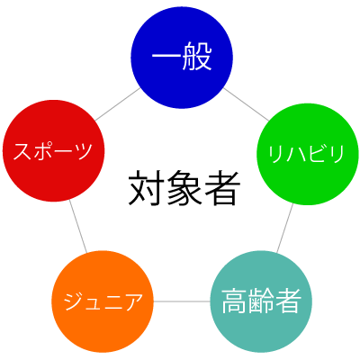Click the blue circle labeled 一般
pyautogui.click(x=182, y=58)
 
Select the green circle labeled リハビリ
pyautogui.click(x=308, y=154)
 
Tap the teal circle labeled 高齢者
pyautogui.click(x=261, y=301)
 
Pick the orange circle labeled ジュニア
pyautogui.click(x=103, y=301)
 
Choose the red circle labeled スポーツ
pyautogui.click(x=53, y=150)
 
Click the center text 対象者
pyautogui.click(x=184, y=187)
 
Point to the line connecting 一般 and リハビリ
pyautogui.click(x=246, y=104)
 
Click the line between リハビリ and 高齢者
pyautogui.click(x=285, y=228)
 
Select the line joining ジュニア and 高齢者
pyautogui.click(x=182, y=301)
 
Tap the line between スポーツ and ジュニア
pyautogui.click(x=78, y=226)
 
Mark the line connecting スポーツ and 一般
pyautogui.click(x=118, y=104)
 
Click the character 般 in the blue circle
pyautogui.click(x=197, y=57)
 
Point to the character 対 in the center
pyautogui.click(x=147, y=188)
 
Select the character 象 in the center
pyautogui.click(x=184, y=188)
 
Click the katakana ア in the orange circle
pyautogui.click(x=132, y=301)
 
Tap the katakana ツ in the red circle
pyautogui.click(x=83, y=151)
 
